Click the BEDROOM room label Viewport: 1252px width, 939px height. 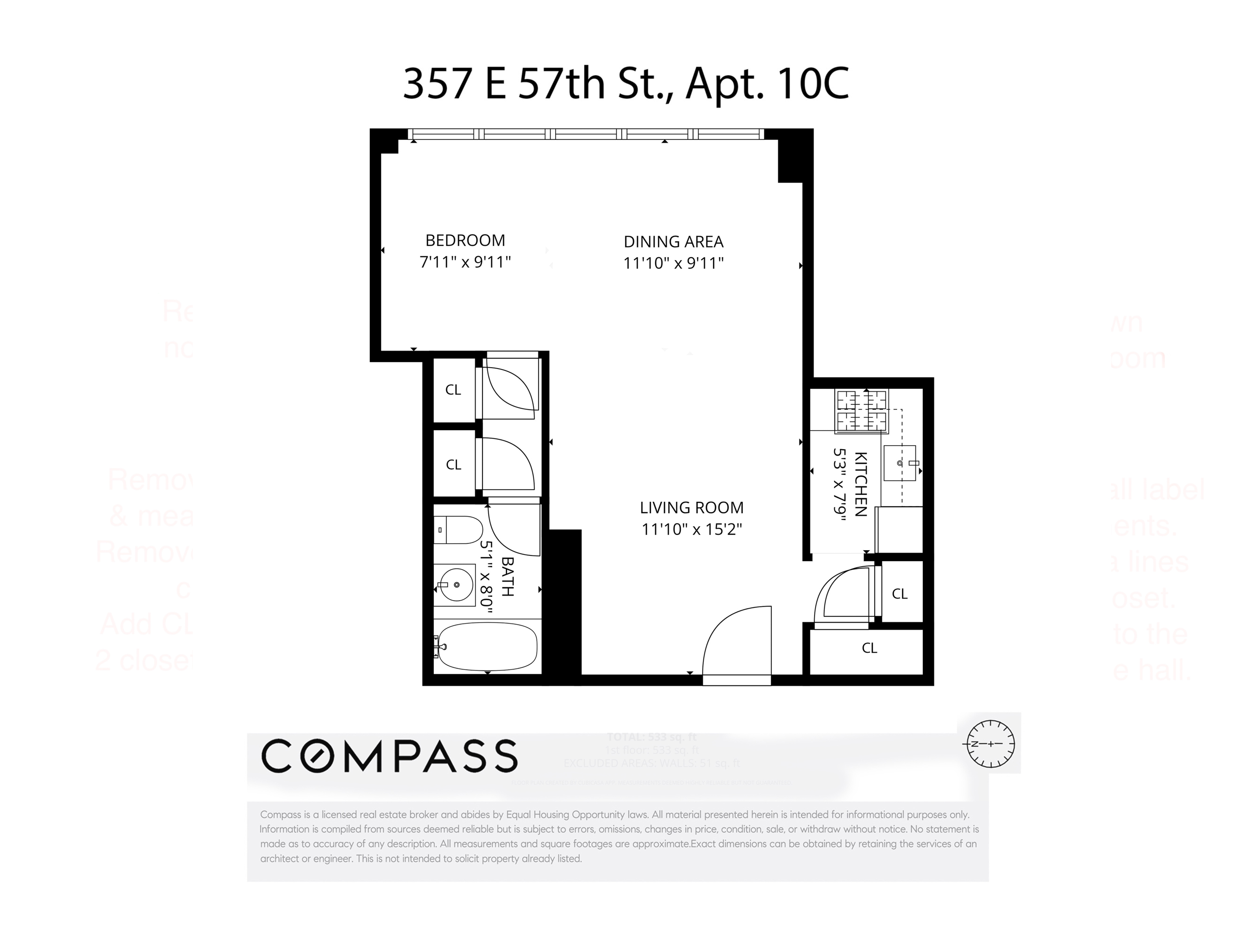click(x=465, y=240)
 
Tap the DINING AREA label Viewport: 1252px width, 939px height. click(x=673, y=242)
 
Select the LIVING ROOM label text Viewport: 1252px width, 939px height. click(x=691, y=508)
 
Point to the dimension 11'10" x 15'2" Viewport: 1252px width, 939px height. click(x=691, y=529)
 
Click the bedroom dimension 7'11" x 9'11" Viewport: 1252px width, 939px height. click(x=465, y=262)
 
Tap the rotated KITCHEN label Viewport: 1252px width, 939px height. click(x=860, y=484)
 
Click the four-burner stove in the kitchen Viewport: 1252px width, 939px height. click(x=861, y=411)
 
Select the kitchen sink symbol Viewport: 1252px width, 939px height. click(x=900, y=463)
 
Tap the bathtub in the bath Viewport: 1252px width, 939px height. click(x=487, y=647)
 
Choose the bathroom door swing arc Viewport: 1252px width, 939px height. click(x=512, y=529)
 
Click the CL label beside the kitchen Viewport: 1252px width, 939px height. click(x=899, y=594)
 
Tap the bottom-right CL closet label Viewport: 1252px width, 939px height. click(x=869, y=648)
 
